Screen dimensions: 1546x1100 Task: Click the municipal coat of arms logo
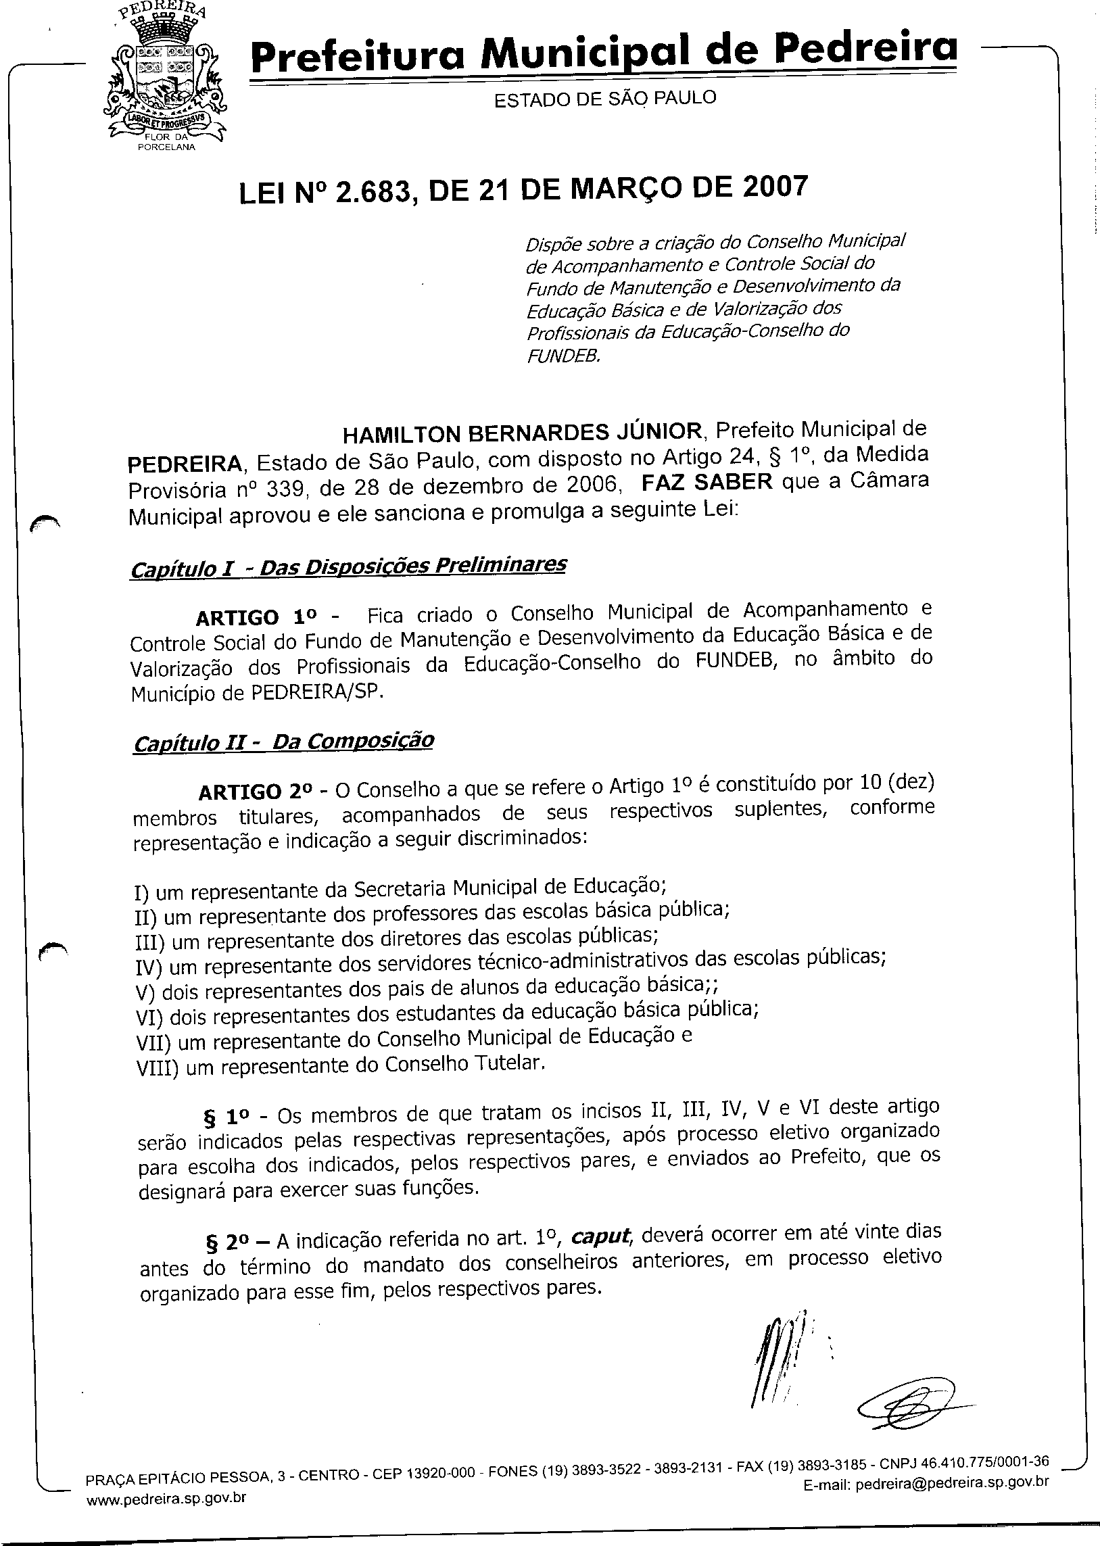click(164, 78)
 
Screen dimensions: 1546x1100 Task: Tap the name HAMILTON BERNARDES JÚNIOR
click(523, 432)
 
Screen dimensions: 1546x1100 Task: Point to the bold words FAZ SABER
click(707, 481)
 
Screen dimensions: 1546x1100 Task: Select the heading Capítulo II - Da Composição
click(284, 742)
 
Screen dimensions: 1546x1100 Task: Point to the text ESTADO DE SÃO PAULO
click(605, 99)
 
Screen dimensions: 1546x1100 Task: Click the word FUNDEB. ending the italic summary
click(564, 356)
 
